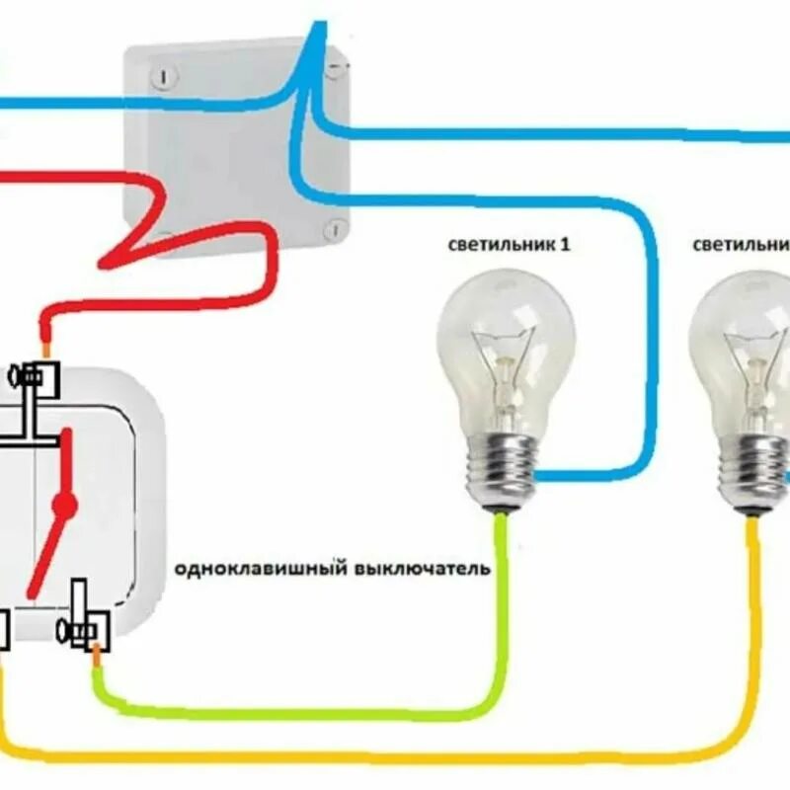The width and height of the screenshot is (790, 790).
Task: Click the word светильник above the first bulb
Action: (x=494, y=245)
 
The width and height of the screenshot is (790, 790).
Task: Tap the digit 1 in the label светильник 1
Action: (x=565, y=244)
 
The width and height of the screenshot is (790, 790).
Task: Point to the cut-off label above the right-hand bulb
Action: (x=741, y=244)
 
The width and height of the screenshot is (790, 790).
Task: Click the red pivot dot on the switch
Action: (x=64, y=506)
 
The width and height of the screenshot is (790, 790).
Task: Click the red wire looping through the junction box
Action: (x=197, y=237)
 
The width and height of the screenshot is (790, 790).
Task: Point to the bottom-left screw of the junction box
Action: (x=164, y=237)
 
